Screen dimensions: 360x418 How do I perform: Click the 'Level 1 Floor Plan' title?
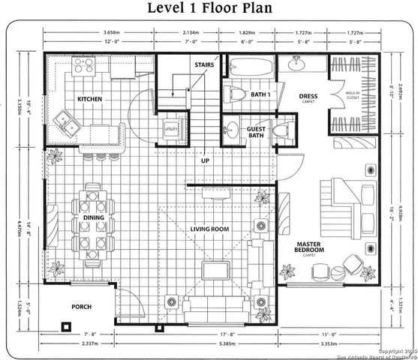[x=209, y=9]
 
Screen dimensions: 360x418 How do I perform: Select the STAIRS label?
[x=203, y=65]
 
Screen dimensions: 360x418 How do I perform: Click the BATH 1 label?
[x=260, y=94]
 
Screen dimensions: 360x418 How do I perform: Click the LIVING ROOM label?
[x=209, y=229]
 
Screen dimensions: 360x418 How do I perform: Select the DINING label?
[x=93, y=218]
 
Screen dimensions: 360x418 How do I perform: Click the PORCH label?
[x=81, y=307]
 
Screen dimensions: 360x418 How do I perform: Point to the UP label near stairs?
[x=203, y=160]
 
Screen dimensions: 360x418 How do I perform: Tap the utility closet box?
[x=170, y=127]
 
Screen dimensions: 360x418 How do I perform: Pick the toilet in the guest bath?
[x=281, y=132]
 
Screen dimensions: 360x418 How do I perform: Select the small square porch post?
[x=65, y=327]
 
